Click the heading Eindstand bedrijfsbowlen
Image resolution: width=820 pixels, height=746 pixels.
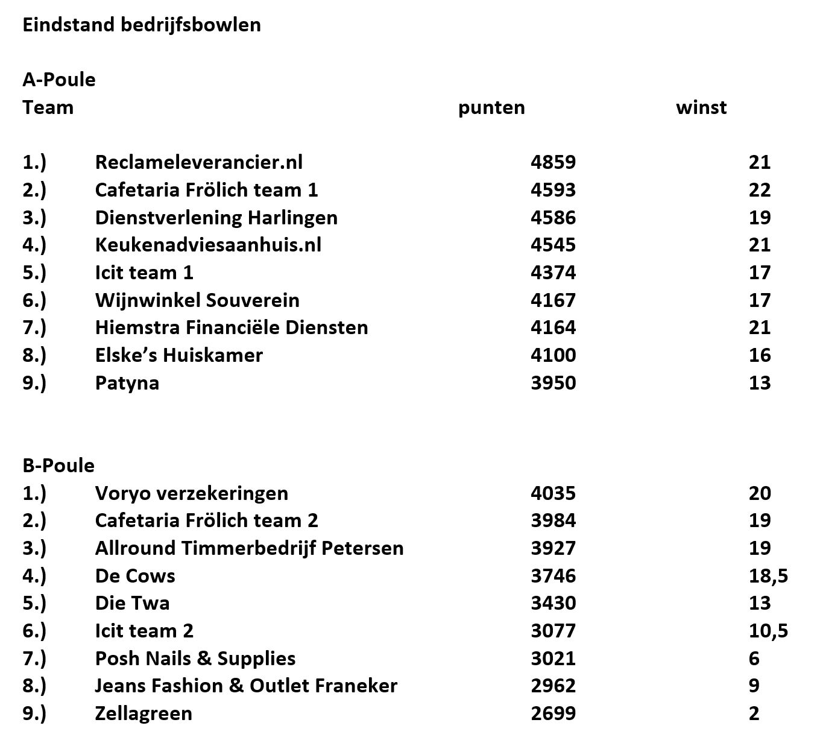142,25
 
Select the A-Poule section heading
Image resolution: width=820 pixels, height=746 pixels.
59,80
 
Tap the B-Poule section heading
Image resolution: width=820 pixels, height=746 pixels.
58,466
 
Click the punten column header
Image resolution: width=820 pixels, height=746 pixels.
491,107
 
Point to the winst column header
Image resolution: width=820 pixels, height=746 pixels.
701,107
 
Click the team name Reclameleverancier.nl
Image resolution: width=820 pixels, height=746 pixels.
198,162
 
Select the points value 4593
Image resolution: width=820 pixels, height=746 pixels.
553,190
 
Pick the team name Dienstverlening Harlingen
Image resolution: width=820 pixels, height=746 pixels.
216,217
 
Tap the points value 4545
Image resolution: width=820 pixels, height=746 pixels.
553,245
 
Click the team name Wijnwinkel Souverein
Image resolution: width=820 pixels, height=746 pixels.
197,300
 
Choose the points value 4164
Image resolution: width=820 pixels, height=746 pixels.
553,327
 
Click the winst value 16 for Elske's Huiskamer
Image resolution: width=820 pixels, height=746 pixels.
760,355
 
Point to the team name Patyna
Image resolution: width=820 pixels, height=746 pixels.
127,383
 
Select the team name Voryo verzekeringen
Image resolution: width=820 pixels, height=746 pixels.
191,493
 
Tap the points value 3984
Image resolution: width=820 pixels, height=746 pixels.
553,520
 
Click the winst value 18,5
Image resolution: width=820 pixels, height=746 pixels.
768,576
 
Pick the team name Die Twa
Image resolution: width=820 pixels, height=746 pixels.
132,603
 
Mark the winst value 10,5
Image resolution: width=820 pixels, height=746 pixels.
768,631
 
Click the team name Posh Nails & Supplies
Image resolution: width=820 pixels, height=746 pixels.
195,659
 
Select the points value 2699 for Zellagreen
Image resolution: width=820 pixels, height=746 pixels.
553,713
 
